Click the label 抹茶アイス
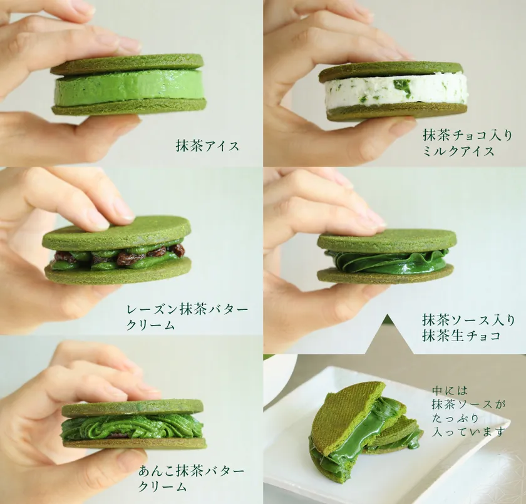pyautogui.click(x=207, y=146)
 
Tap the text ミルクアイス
pyautogui.click(x=458, y=152)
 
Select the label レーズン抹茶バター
pyautogui.click(x=187, y=309)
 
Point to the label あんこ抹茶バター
pyautogui.click(x=191, y=471)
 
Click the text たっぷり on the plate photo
pyautogui.click(x=455, y=418)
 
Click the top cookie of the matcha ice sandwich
pyautogui.click(x=127, y=64)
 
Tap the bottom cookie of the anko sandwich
pyautogui.click(x=134, y=443)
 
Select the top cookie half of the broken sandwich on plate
pyautogui.click(x=347, y=416)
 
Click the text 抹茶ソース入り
pyautogui.click(x=468, y=320)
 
